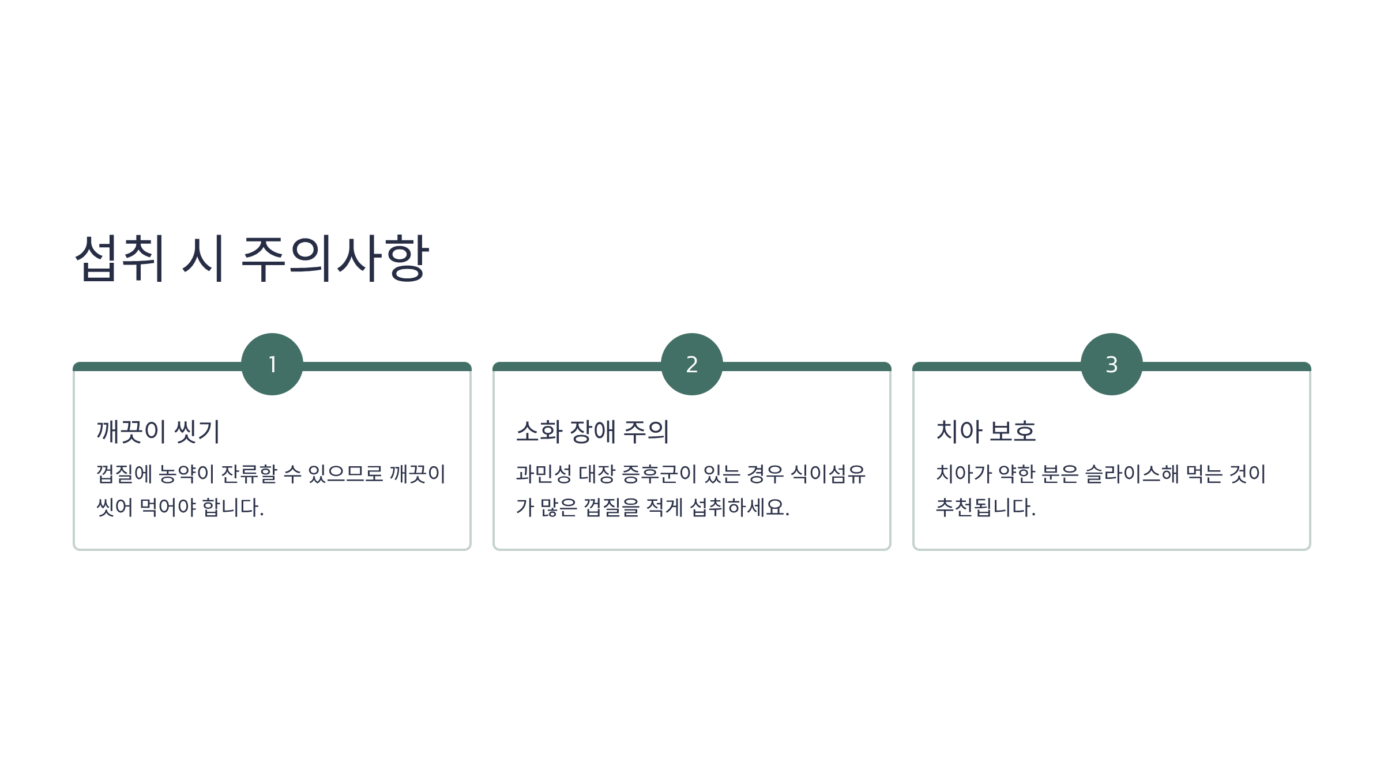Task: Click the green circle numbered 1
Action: (272, 364)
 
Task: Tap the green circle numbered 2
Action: (692, 364)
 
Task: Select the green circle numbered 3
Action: (1112, 364)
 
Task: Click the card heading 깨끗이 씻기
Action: (158, 431)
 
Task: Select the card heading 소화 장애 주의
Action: (592, 431)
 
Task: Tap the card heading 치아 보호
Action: (986, 431)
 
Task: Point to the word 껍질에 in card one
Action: (124, 474)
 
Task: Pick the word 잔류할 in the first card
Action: (250, 474)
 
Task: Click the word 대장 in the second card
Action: (597, 474)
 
